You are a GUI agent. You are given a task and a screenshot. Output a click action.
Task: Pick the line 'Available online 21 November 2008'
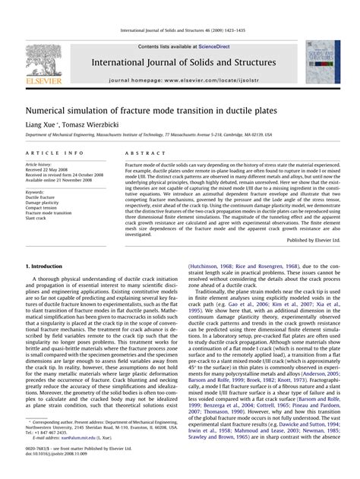pyautogui.click(x=58, y=181)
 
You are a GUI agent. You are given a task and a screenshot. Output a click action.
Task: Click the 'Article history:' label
pyautogui.click(x=39, y=164)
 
